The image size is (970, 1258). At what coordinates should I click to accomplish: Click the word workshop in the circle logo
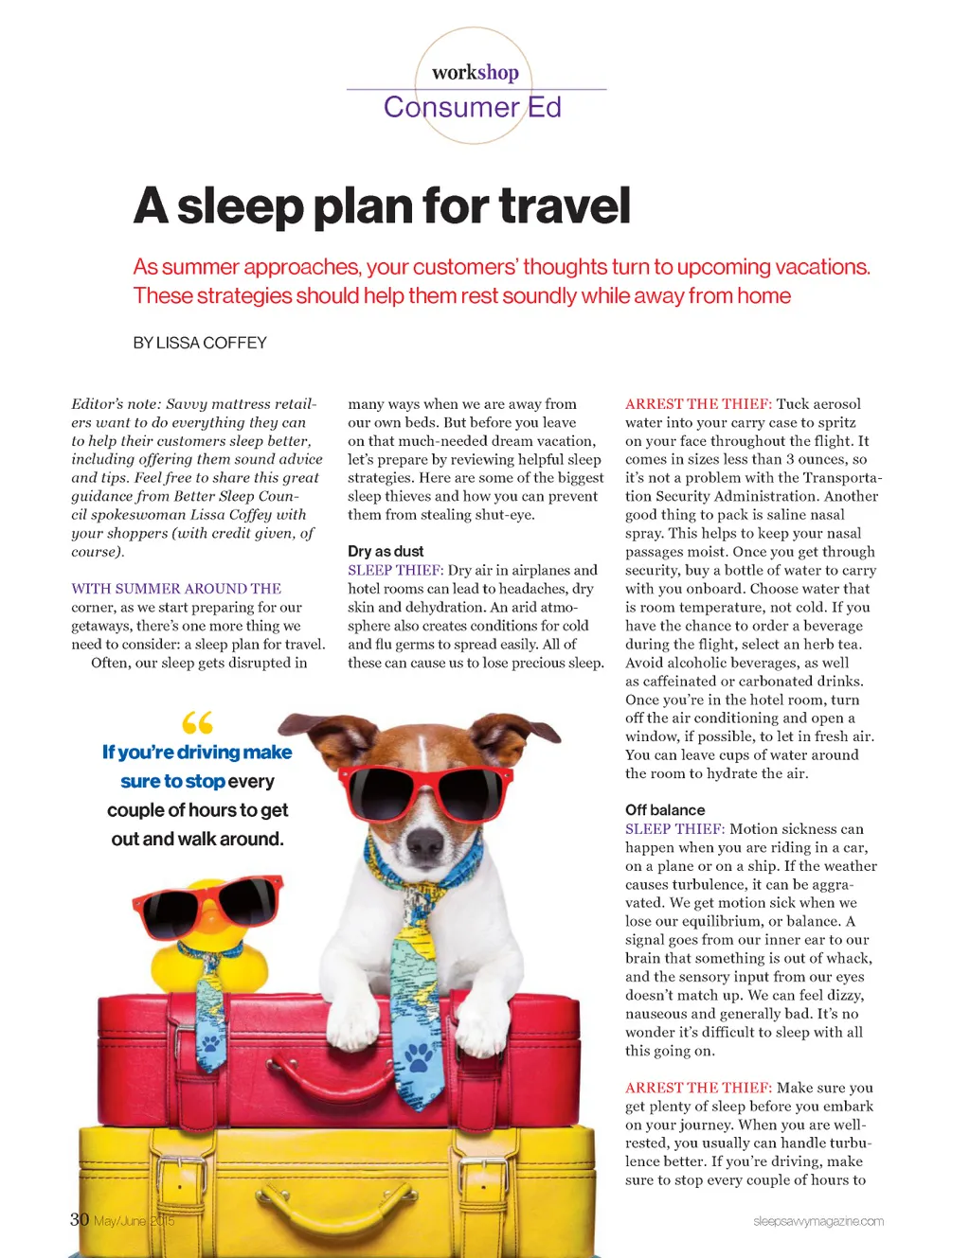click(x=475, y=72)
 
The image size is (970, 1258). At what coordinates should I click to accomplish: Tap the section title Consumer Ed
click(x=472, y=107)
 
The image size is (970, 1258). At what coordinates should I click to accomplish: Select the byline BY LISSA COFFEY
click(x=200, y=343)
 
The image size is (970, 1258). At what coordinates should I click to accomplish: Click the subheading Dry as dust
click(x=386, y=551)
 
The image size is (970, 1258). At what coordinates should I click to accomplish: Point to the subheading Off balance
click(x=665, y=809)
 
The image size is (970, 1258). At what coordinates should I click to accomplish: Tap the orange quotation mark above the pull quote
click(x=197, y=723)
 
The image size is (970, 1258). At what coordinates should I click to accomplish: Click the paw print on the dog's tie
click(x=419, y=1054)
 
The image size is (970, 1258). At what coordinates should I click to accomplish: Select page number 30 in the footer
click(x=80, y=1219)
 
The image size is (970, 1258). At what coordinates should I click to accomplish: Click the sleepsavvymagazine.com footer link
click(x=818, y=1221)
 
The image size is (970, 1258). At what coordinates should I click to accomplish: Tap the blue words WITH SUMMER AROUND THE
click(x=176, y=589)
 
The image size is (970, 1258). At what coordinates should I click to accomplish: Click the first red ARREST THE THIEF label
click(x=698, y=404)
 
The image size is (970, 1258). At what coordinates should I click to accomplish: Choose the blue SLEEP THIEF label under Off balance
click(x=674, y=829)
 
